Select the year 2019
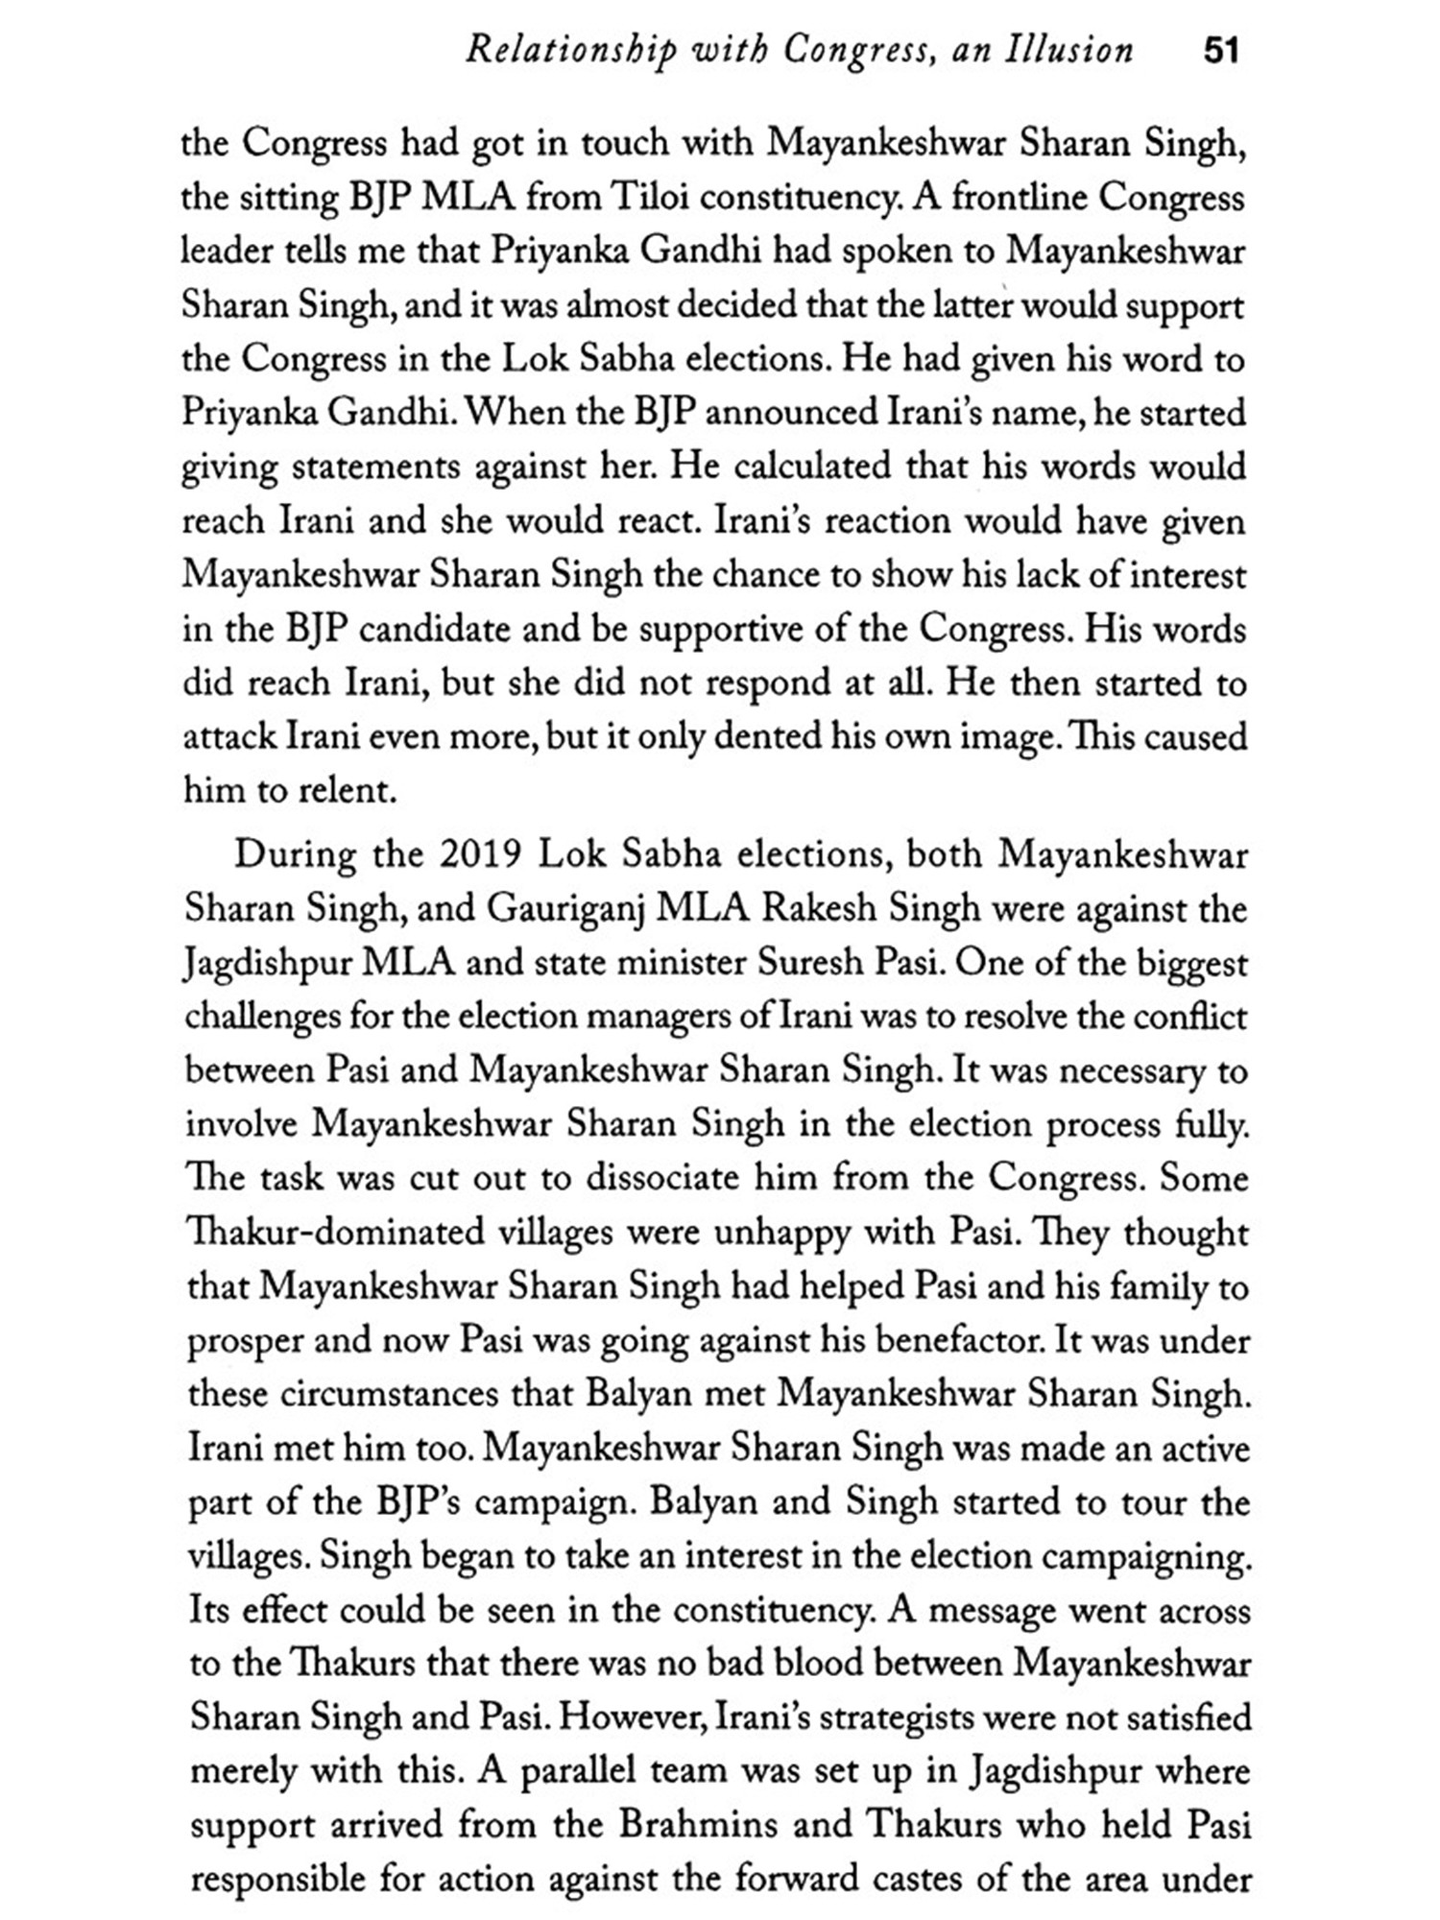pos(479,854)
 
